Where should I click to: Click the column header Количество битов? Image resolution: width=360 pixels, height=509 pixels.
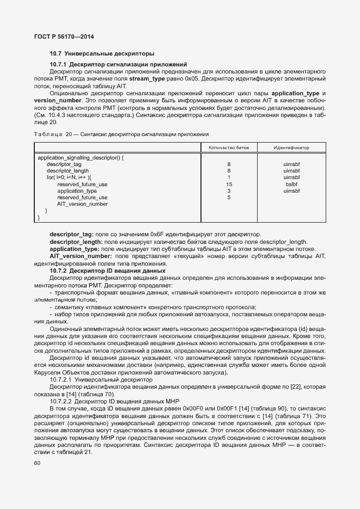(229, 148)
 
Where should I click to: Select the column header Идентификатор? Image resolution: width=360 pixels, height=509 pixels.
(291, 148)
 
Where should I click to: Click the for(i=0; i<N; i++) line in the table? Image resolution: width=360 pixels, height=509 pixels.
(69, 177)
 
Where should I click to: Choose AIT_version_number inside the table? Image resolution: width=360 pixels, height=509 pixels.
(82, 204)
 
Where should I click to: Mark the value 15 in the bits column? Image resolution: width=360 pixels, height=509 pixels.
(229, 184)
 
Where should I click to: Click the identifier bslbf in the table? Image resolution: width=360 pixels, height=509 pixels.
(291, 184)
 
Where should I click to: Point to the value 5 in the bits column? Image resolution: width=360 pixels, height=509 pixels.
(229, 198)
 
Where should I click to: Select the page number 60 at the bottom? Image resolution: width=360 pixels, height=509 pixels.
(37, 463)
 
